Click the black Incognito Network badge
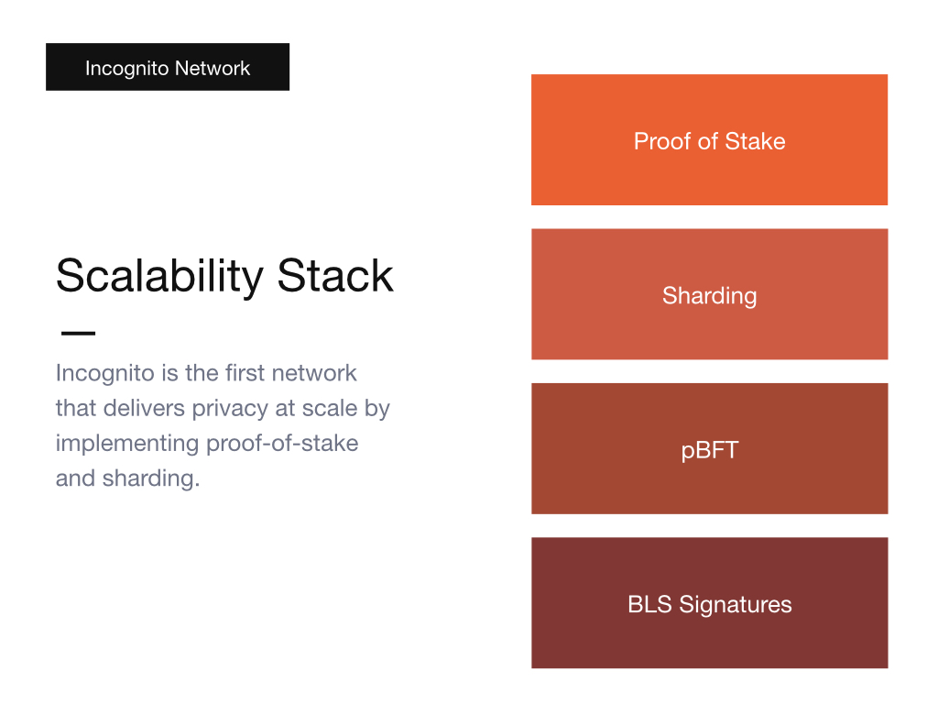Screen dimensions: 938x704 click(168, 67)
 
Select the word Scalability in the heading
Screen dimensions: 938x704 click(159, 277)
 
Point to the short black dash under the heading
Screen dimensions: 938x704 click(79, 334)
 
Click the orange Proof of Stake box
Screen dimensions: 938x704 click(710, 140)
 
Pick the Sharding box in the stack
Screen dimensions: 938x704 click(710, 294)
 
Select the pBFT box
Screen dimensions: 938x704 click(710, 448)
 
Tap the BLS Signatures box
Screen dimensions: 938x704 click(710, 603)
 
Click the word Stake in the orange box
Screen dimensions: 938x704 click(755, 141)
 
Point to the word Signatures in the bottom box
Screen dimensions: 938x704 click(736, 605)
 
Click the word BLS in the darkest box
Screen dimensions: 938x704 click(649, 604)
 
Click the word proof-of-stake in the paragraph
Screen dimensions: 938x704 click(282, 445)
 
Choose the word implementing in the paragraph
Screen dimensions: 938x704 click(127, 445)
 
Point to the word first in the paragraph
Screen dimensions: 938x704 click(245, 373)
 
